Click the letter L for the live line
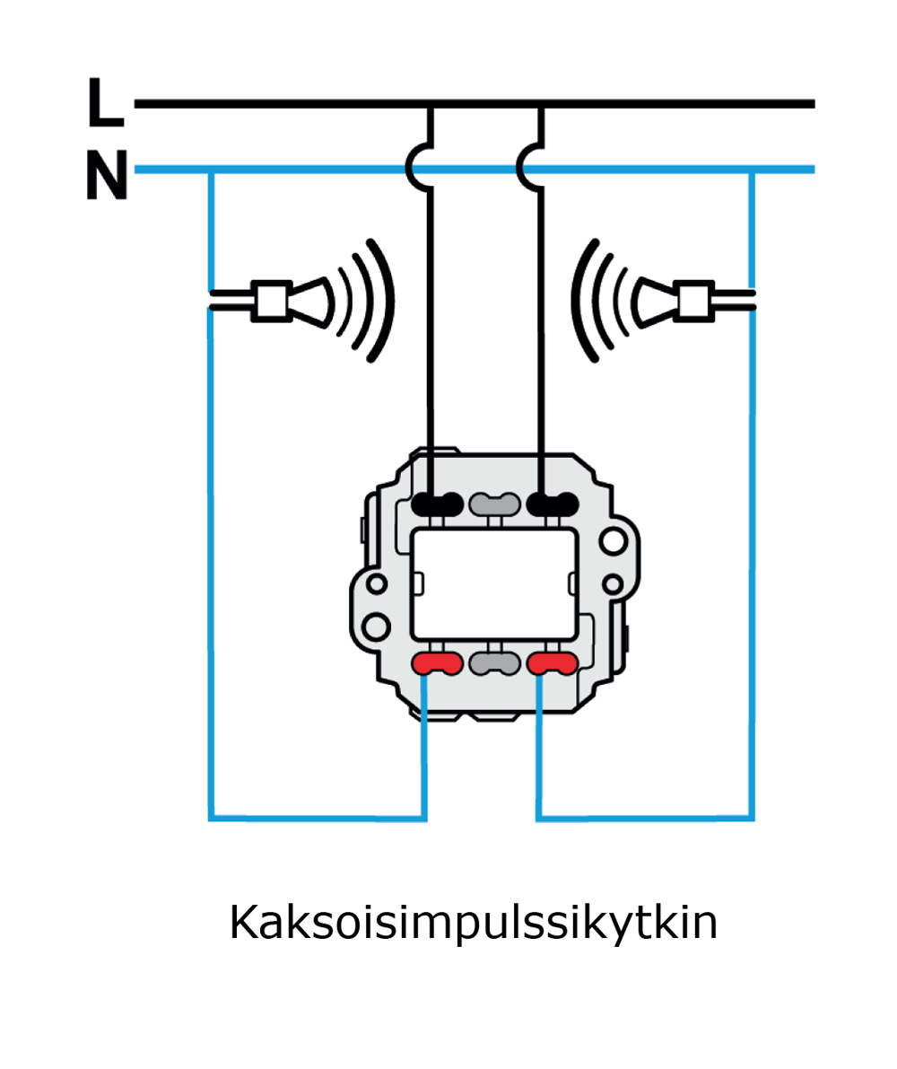coord(105,102)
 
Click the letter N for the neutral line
coord(107,176)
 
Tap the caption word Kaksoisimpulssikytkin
coord(474,923)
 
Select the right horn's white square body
coord(692,301)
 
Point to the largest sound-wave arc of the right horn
coord(580,301)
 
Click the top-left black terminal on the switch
coord(439,504)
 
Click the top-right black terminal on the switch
coord(553,504)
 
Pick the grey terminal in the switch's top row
coord(495,504)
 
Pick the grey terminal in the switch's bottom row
coord(495,664)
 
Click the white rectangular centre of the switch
coord(494,583)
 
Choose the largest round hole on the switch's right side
coord(614,541)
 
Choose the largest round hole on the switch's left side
coord(378,621)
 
